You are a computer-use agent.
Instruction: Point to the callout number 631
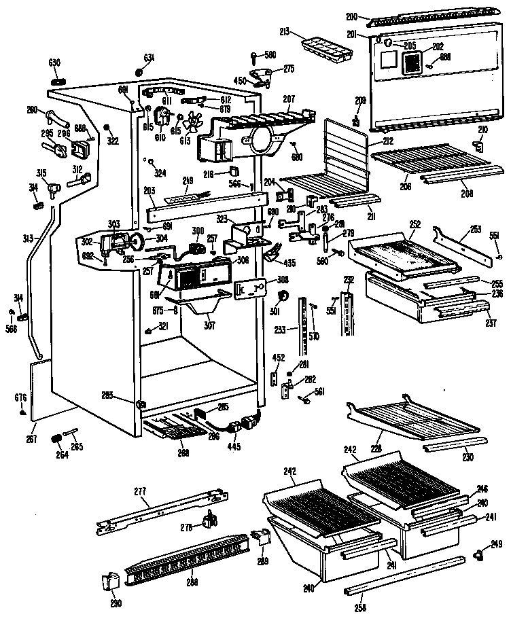[x=149, y=56]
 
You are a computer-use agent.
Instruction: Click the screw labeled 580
[x=253, y=56]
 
